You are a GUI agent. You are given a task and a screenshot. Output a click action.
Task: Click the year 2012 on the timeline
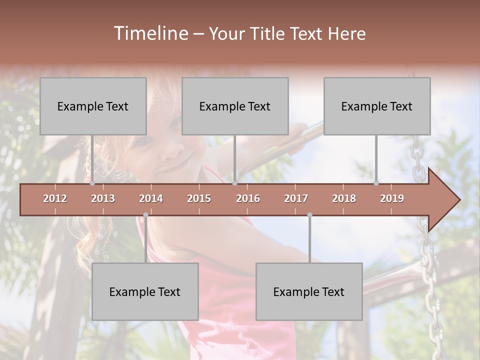tap(55, 198)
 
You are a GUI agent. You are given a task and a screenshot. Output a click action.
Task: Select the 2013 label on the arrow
tap(103, 198)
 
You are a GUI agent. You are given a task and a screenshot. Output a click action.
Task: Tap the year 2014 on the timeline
tap(151, 198)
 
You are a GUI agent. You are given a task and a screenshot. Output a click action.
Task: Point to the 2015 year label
tap(199, 198)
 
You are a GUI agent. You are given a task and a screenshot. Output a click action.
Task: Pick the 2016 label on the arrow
tap(248, 198)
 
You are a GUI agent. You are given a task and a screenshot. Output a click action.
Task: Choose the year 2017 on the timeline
tap(296, 198)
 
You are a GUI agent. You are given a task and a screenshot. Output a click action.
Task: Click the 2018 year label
tap(344, 198)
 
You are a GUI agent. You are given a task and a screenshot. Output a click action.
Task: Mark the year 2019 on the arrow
tap(392, 198)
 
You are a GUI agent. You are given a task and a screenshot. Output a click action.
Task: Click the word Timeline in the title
tap(150, 33)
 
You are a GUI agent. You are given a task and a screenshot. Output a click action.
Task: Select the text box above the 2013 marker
tap(93, 106)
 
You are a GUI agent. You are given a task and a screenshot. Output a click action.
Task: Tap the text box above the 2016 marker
tap(235, 106)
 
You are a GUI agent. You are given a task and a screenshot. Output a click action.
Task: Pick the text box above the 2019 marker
tap(377, 106)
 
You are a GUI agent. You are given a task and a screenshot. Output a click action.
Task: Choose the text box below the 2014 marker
tap(145, 291)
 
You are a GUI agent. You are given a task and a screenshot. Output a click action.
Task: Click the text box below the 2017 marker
tap(309, 291)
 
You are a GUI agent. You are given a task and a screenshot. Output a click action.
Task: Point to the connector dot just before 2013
tap(92, 183)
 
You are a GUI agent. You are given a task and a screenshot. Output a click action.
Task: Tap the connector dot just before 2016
tap(234, 183)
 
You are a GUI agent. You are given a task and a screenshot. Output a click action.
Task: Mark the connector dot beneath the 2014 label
tap(145, 215)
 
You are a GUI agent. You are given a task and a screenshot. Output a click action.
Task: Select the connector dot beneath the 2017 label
tap(309, 215)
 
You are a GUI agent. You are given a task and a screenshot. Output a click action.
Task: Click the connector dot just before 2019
tap(376, 183)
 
